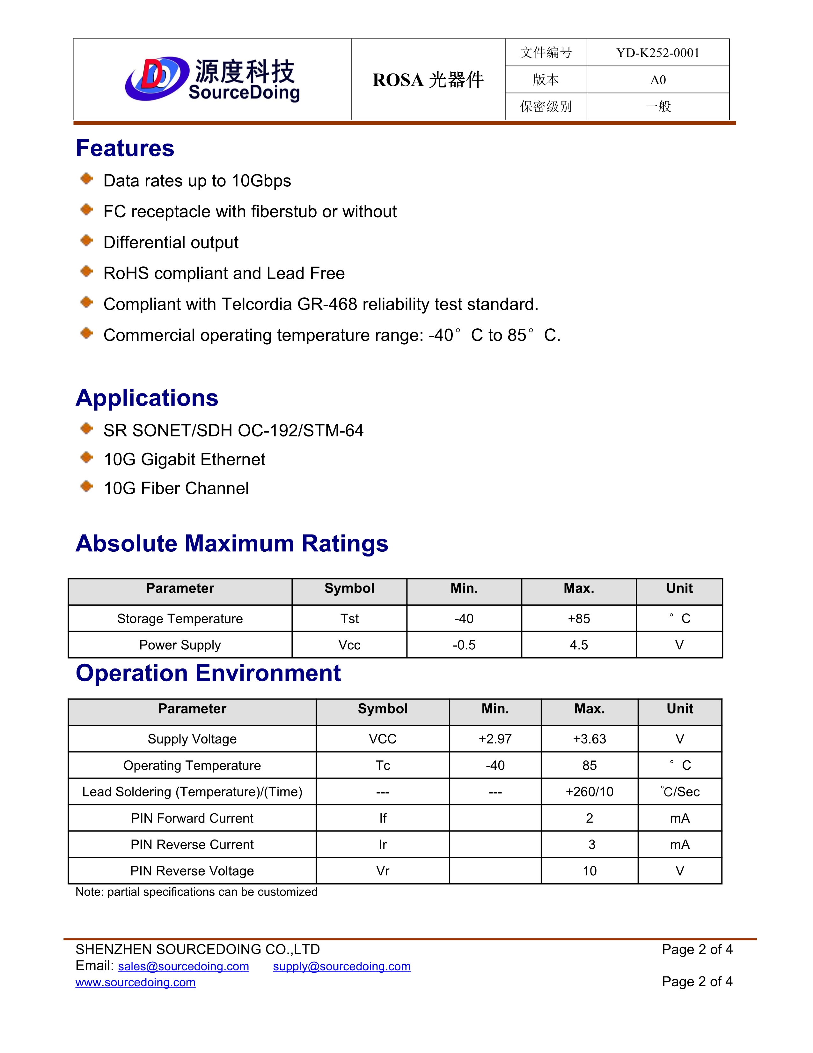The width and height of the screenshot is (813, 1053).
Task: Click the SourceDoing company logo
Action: tap(212, 79)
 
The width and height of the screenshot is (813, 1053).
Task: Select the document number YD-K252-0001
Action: tap(657, 53)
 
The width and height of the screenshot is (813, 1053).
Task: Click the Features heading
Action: tap(125, 148)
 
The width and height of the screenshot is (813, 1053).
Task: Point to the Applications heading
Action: tap(147, 398)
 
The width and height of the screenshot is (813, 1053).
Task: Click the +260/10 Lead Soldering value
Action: tap(589, 792)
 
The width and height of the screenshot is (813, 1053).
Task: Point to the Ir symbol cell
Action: tap(382, 844)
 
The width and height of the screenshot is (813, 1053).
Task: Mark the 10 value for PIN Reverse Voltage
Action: tap(590, 871)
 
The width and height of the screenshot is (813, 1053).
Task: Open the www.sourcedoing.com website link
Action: tap(135, 982)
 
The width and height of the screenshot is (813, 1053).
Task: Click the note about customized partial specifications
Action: tap(196, 892)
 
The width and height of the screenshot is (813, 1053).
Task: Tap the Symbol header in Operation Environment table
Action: tap(382, 709)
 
